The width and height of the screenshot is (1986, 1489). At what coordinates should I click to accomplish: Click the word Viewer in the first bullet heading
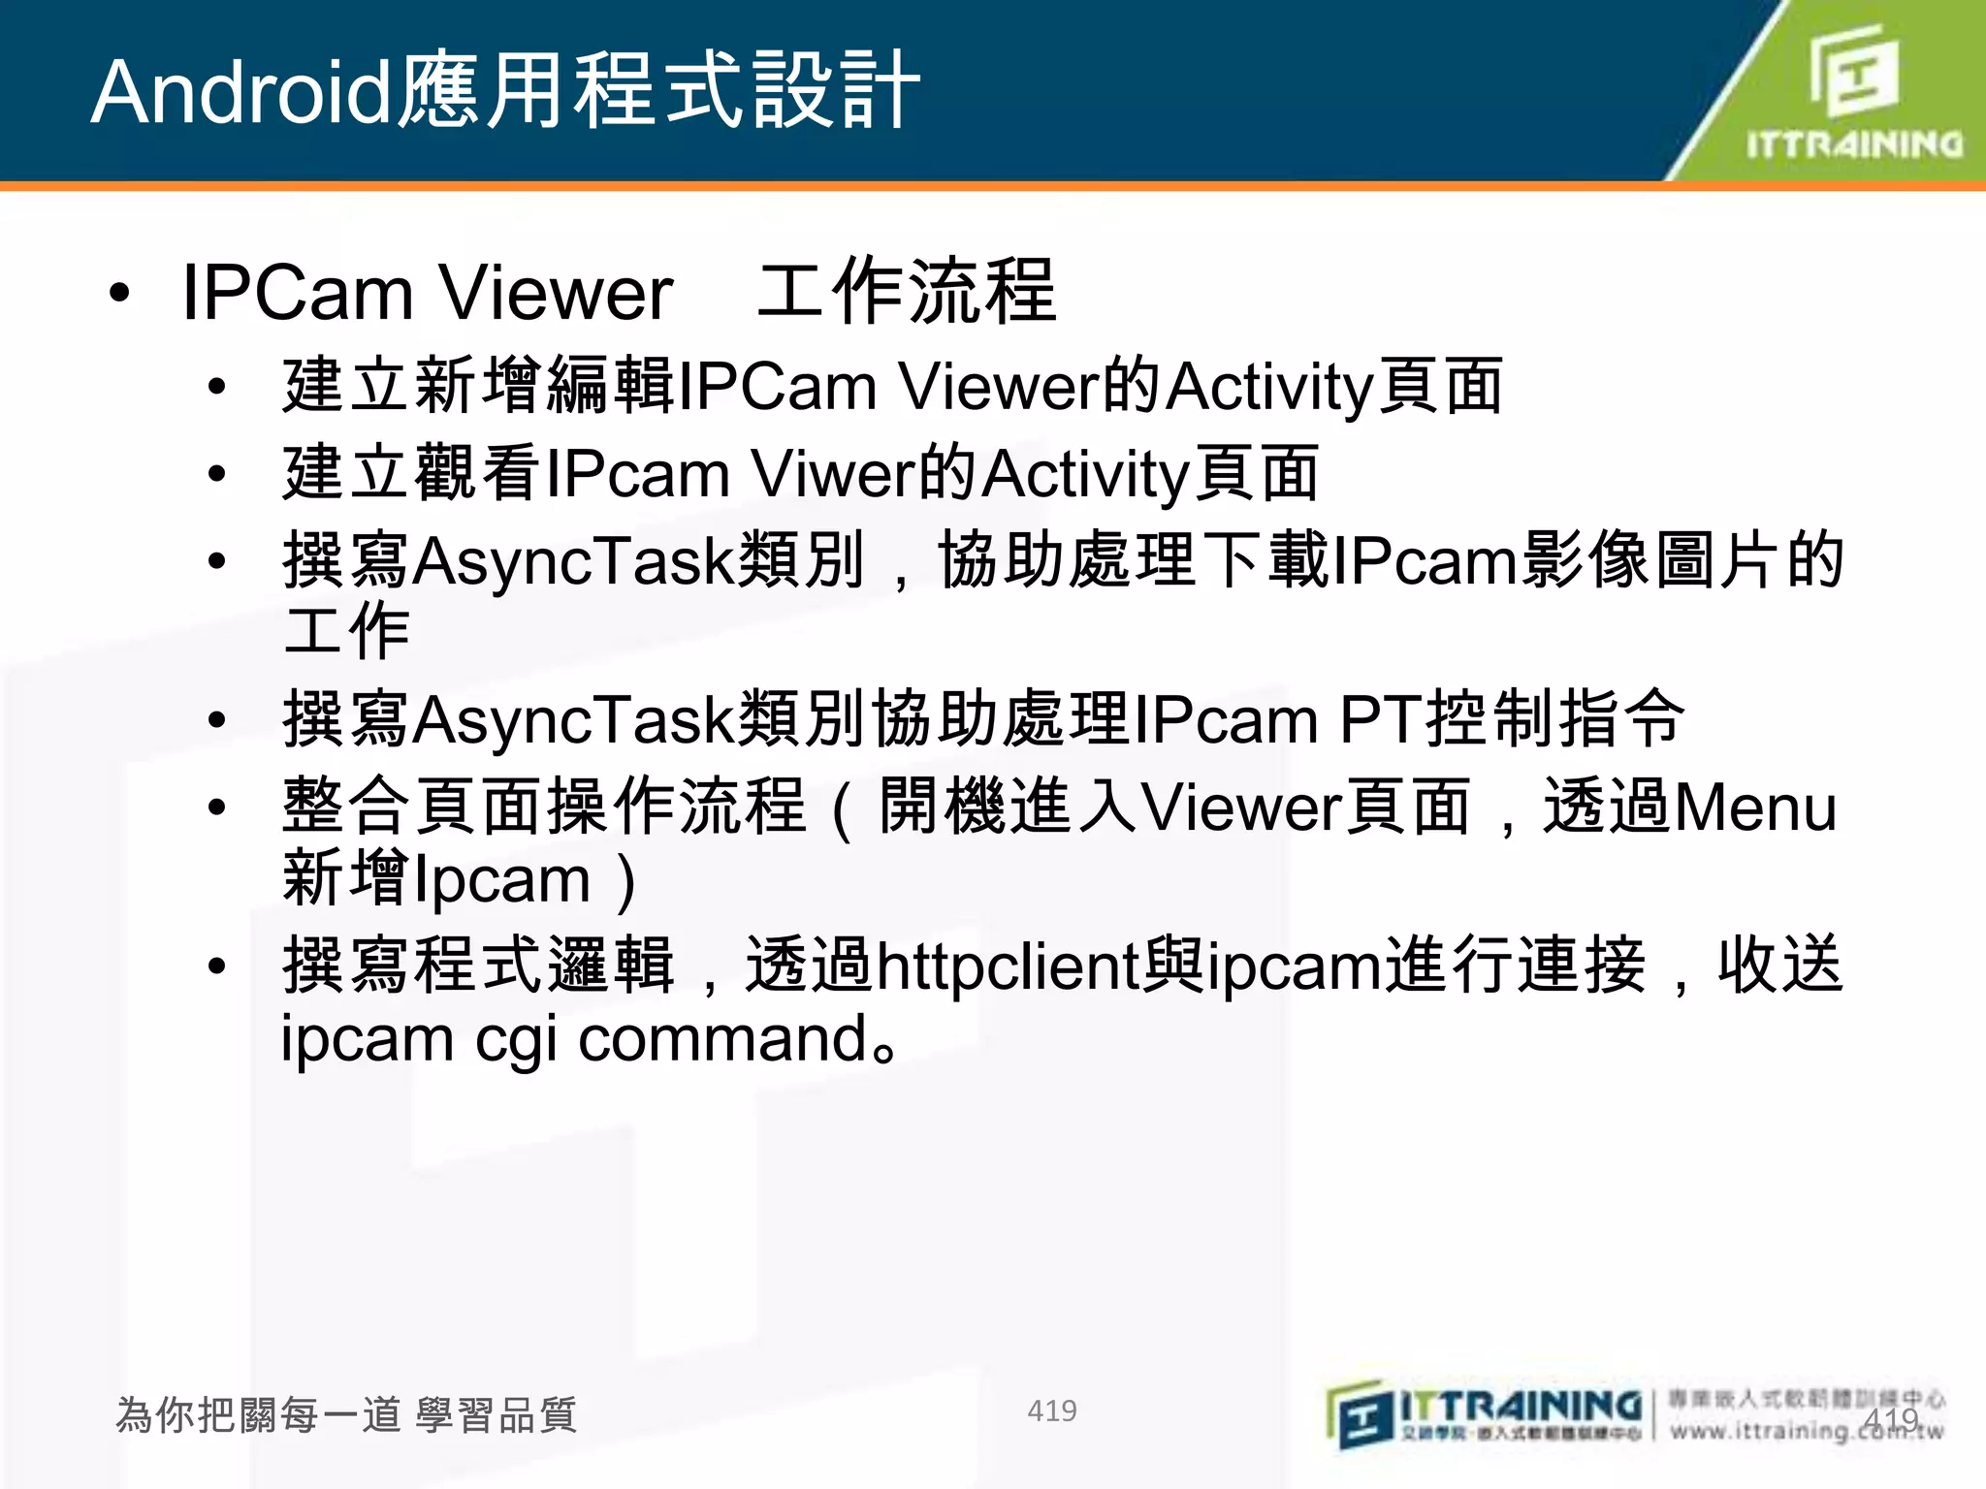pos(555,293)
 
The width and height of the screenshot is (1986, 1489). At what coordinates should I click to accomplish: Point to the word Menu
pos(1755,808)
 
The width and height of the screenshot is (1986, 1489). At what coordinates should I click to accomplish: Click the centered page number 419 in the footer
pos(1051,1410)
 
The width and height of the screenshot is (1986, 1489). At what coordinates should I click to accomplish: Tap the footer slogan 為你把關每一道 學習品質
pos(346,1414)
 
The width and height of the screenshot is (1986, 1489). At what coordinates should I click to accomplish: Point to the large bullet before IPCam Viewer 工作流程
pos(119,293)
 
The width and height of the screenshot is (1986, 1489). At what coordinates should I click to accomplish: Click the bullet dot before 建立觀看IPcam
pos(217,475)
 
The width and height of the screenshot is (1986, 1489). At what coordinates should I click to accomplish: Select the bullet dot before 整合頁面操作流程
pos(217,808)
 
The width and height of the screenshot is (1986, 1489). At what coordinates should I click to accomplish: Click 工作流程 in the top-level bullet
pos(906,291)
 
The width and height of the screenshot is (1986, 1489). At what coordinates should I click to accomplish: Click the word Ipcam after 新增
pos(501,880)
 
